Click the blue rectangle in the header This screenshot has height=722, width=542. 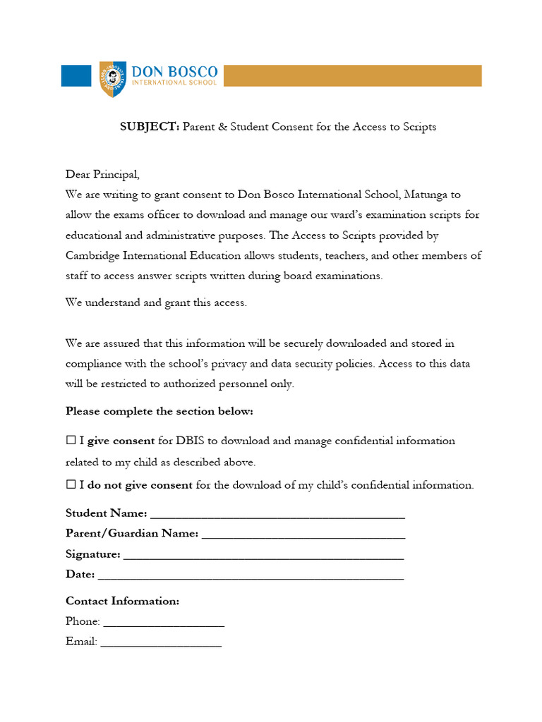(76, 76)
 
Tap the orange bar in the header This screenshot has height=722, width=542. (352, 76)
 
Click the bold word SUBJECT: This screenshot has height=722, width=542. (149, 127)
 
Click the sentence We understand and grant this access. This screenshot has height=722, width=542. (156, 302)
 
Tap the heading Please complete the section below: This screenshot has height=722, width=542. (159, 411)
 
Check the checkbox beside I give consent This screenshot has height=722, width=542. (71, 441)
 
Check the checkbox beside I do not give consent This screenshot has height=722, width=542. (71, 485)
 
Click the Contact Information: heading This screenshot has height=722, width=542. (122, 601)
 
